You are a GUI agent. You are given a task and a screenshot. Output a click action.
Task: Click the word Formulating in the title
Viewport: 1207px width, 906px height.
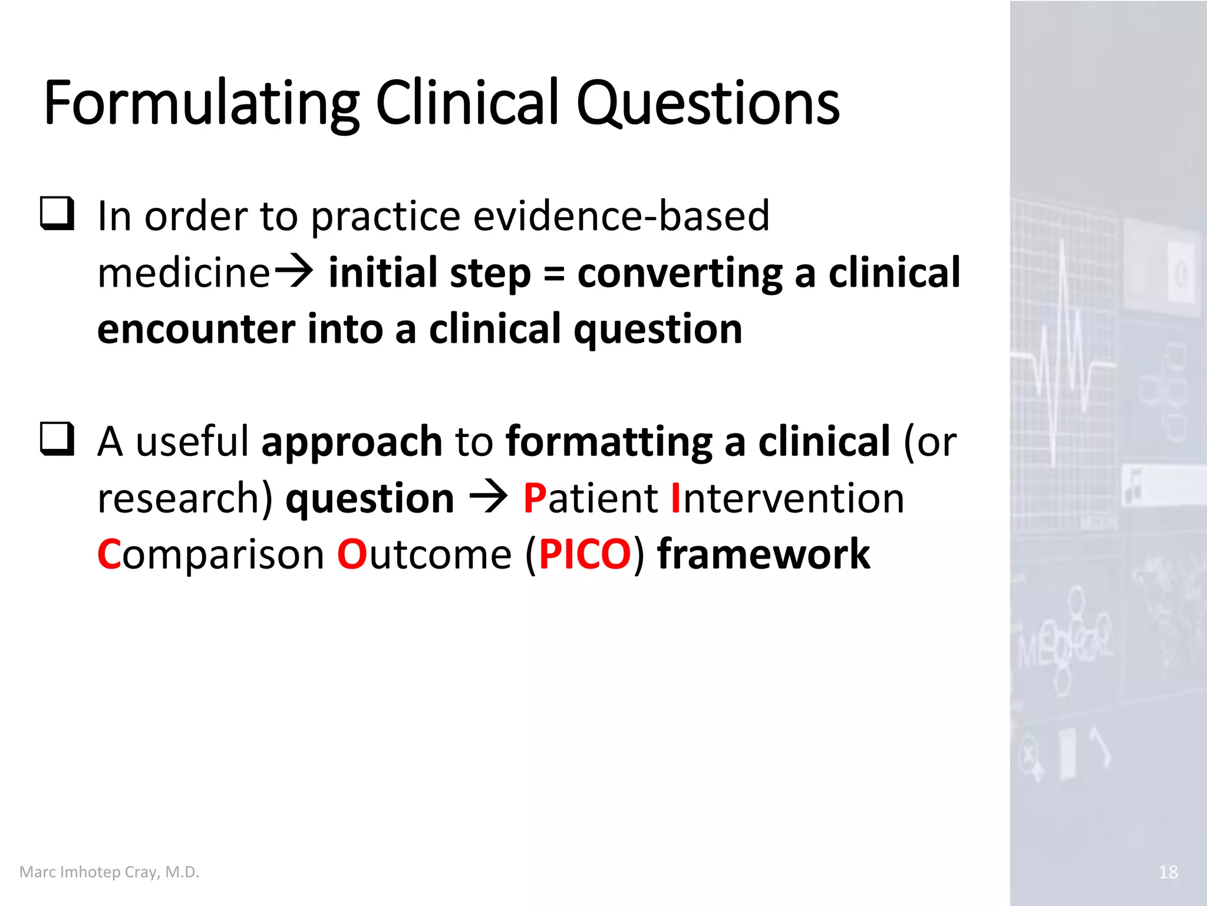click(200, 104)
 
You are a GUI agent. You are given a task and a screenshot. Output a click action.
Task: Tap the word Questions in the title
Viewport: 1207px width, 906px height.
click(707, 104)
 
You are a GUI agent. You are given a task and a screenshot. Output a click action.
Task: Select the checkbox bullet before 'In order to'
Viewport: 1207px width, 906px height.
click(57, 214)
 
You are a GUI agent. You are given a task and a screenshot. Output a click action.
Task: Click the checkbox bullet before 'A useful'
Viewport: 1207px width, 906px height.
click(57, 439)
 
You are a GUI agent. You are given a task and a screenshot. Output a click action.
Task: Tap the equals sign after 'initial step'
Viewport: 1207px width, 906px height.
click(554, 274)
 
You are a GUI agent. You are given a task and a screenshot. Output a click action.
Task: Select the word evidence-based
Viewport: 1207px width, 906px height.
click(621, 216)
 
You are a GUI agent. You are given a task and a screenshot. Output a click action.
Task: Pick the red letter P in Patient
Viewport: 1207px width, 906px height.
click(535, 498)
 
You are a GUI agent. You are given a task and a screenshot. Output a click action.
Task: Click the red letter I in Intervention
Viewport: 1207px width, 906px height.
click(676, 498)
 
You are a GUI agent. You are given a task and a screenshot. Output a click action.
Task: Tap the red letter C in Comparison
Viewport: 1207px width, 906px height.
click(109, 555)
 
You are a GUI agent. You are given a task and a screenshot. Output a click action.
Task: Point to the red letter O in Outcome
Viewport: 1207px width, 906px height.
click(352, 555)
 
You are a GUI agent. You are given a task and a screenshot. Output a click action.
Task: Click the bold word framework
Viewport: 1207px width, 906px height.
click(763, 555)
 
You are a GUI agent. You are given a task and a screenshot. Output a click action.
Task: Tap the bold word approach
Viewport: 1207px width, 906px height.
click(352, 442)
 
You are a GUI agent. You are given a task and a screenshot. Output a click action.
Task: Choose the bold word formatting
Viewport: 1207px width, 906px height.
click(609, 442)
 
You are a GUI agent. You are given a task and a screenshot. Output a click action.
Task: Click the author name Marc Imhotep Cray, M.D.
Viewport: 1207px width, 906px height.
click(110, 872)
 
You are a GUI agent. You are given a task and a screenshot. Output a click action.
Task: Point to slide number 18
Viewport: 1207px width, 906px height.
click(1168, 872)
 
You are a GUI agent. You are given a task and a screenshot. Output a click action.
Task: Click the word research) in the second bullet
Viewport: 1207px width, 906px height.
click(185, 498)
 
